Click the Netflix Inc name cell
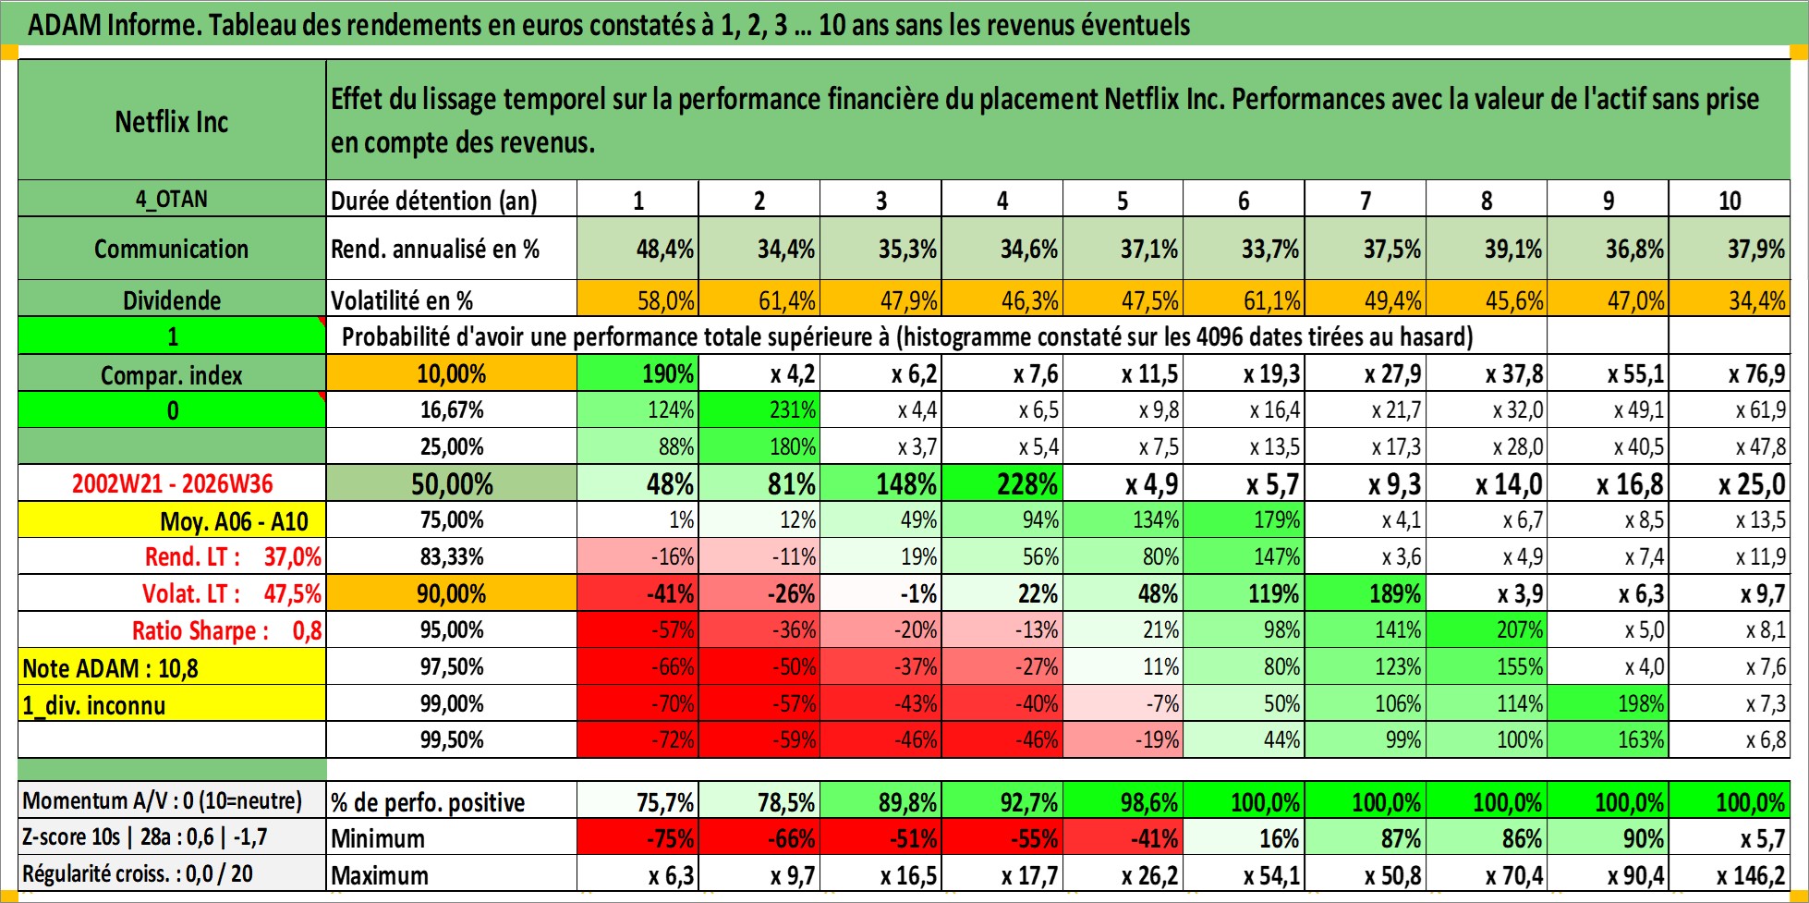click(x=172, y=121)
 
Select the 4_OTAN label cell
click(x=172, y=199)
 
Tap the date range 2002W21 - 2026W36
click(x=172, y=483)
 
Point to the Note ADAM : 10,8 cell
click(x=172, y=667)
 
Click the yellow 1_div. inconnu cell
click(x=172, y=704)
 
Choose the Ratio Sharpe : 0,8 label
click(x=226, y=630)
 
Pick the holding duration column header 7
click(x=1365, y=200)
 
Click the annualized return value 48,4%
click(x=637, y=249)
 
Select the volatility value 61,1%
click(x=1244, y=300)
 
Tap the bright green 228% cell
click(x=1002, y=483)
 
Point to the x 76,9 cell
click(x=1729, y=373)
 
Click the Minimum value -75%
click(x=637, y=838)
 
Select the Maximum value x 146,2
click(x=1729, y=874)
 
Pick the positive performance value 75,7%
click(x=637, y=801)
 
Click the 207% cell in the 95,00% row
click(x=1486, y=630)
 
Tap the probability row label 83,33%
click(x=452, y=556)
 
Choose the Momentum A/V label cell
click(x=172, y=800)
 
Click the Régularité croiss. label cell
click(x=172, y=873)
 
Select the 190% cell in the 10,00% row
click(x=637, y=373)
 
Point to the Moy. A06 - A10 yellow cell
click(x=172, y=520)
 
